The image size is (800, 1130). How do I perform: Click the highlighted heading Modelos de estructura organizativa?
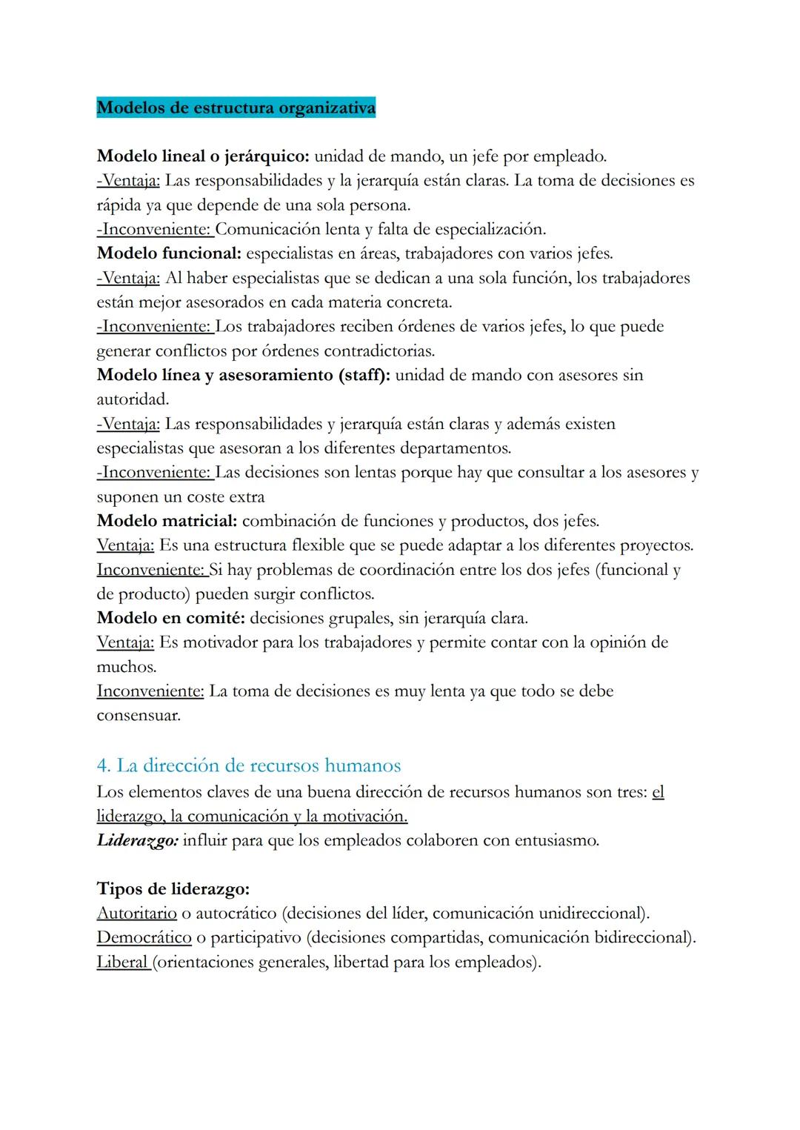coord(236,108)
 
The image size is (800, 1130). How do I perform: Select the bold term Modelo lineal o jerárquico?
coord(203,156)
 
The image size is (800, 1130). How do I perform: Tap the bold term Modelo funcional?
coord(169,253)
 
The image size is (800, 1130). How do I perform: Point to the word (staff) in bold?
coord(364,375)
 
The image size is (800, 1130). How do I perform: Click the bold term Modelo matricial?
coord(167,521)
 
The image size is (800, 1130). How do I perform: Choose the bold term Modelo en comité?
coord(171,618)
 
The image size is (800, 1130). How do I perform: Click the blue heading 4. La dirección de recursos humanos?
coord(249,765)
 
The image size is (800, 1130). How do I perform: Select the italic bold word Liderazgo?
coord(137,841)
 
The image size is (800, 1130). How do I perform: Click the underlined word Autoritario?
coord(137,913)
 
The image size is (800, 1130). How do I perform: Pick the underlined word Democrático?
coord(144,937)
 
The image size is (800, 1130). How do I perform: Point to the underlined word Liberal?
coord(122,962)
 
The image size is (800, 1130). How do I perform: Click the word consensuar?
coord(138,716)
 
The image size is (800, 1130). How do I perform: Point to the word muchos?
coord(125,667)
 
